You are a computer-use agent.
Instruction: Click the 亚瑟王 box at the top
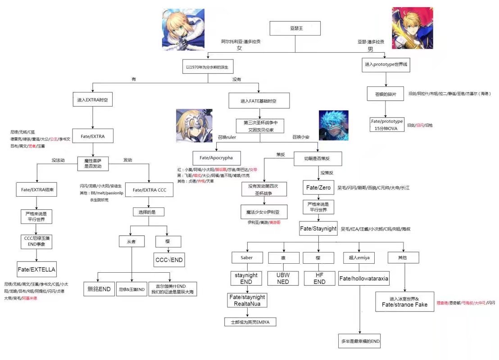(x=295, y=28)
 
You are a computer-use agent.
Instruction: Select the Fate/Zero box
(x=318, y=187)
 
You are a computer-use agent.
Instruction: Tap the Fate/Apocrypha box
(x=216, y=158)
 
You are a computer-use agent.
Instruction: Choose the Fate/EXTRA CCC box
(x=150, y=190)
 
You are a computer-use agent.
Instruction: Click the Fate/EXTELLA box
(x=36, y=270)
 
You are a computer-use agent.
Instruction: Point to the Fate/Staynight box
(x=318, y=229)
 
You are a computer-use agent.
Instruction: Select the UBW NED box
(x=283, y=278)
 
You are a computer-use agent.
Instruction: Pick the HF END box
(x=319, y=278)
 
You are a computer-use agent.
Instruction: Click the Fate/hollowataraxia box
(x=364, y=279)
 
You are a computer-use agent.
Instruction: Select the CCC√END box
(x=169, y=260)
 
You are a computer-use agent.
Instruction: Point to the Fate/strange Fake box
(x=404, y=301)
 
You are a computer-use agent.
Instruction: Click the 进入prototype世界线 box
(x=386, y=65)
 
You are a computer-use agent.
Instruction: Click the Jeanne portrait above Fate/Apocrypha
(x=194, y=126)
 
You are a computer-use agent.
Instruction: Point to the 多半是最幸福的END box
(x=360, y=342)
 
